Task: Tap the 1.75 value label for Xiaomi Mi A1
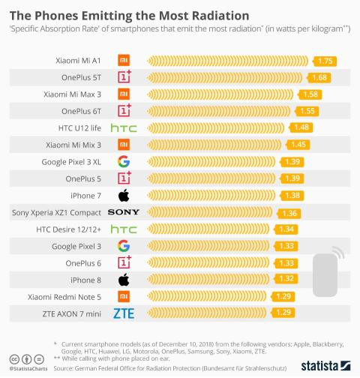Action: point(325,60)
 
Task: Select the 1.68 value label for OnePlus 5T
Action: point(319,76)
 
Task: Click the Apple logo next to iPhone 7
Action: point(124,195)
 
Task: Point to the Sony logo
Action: point(124,212)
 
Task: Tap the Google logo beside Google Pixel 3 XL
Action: point(124,161)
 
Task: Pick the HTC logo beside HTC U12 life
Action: point(124,127)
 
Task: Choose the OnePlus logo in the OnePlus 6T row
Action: point(124,110)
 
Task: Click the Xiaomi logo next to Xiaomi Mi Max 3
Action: point(124,94)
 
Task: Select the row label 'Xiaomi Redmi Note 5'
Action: point(66,296)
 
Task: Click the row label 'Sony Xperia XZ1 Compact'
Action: point(56,212)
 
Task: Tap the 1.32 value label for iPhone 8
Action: point(286,279)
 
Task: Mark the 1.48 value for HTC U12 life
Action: point(302,127)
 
